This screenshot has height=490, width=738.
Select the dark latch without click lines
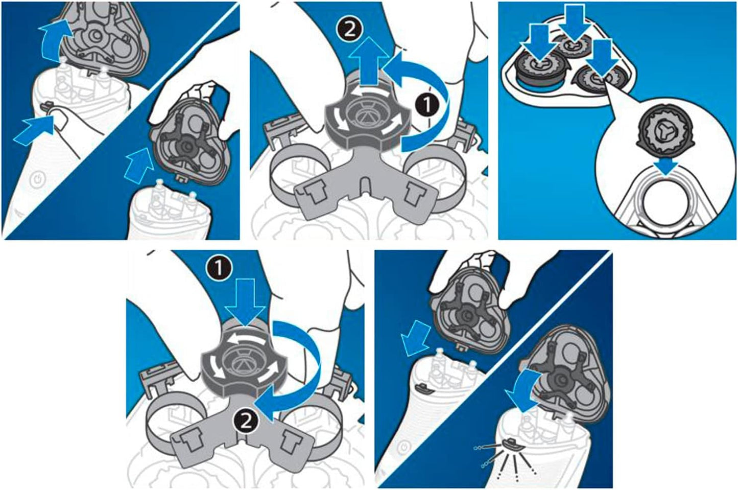click(x=424, y=389)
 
